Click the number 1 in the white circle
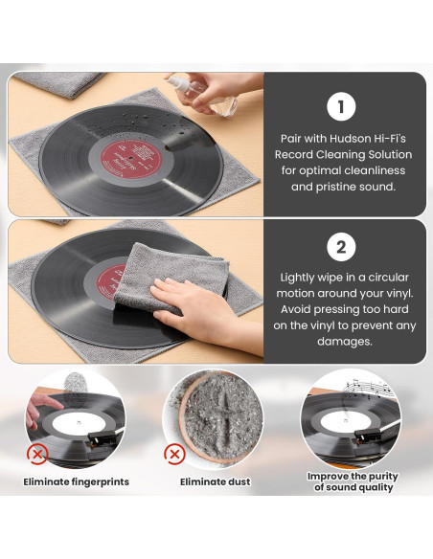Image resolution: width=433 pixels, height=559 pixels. tap(341, 106)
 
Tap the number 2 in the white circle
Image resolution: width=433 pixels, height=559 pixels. tap(341, 248)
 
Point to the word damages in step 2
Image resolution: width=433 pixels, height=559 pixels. tap(342, 342)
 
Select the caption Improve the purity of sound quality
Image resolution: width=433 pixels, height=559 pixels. tap(353, 481)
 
